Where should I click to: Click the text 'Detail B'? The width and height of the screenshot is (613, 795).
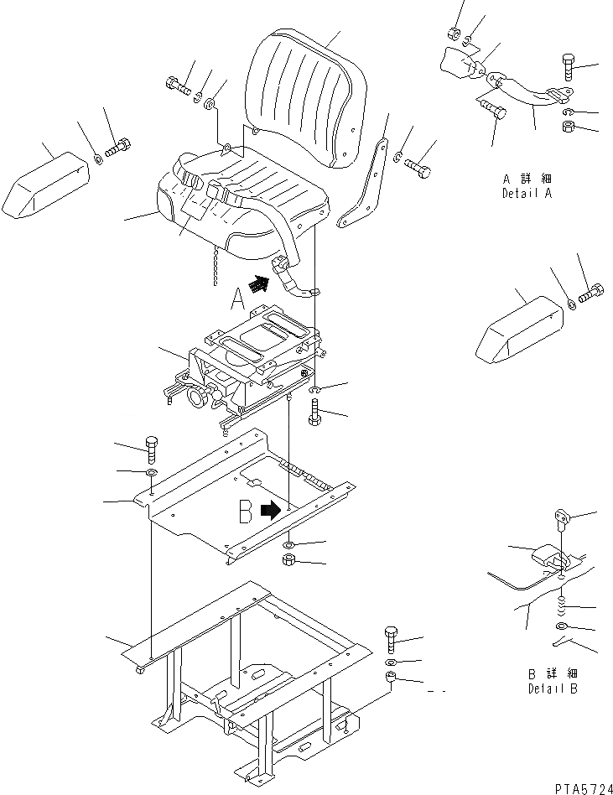click(x=553, y=689)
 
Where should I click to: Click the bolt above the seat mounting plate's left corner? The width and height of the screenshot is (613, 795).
click(x=151, y=449)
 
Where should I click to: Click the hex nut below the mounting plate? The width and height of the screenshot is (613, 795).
click(x=287, y=559)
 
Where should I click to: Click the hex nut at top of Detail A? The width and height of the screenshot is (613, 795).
click(x=451, y=34)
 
